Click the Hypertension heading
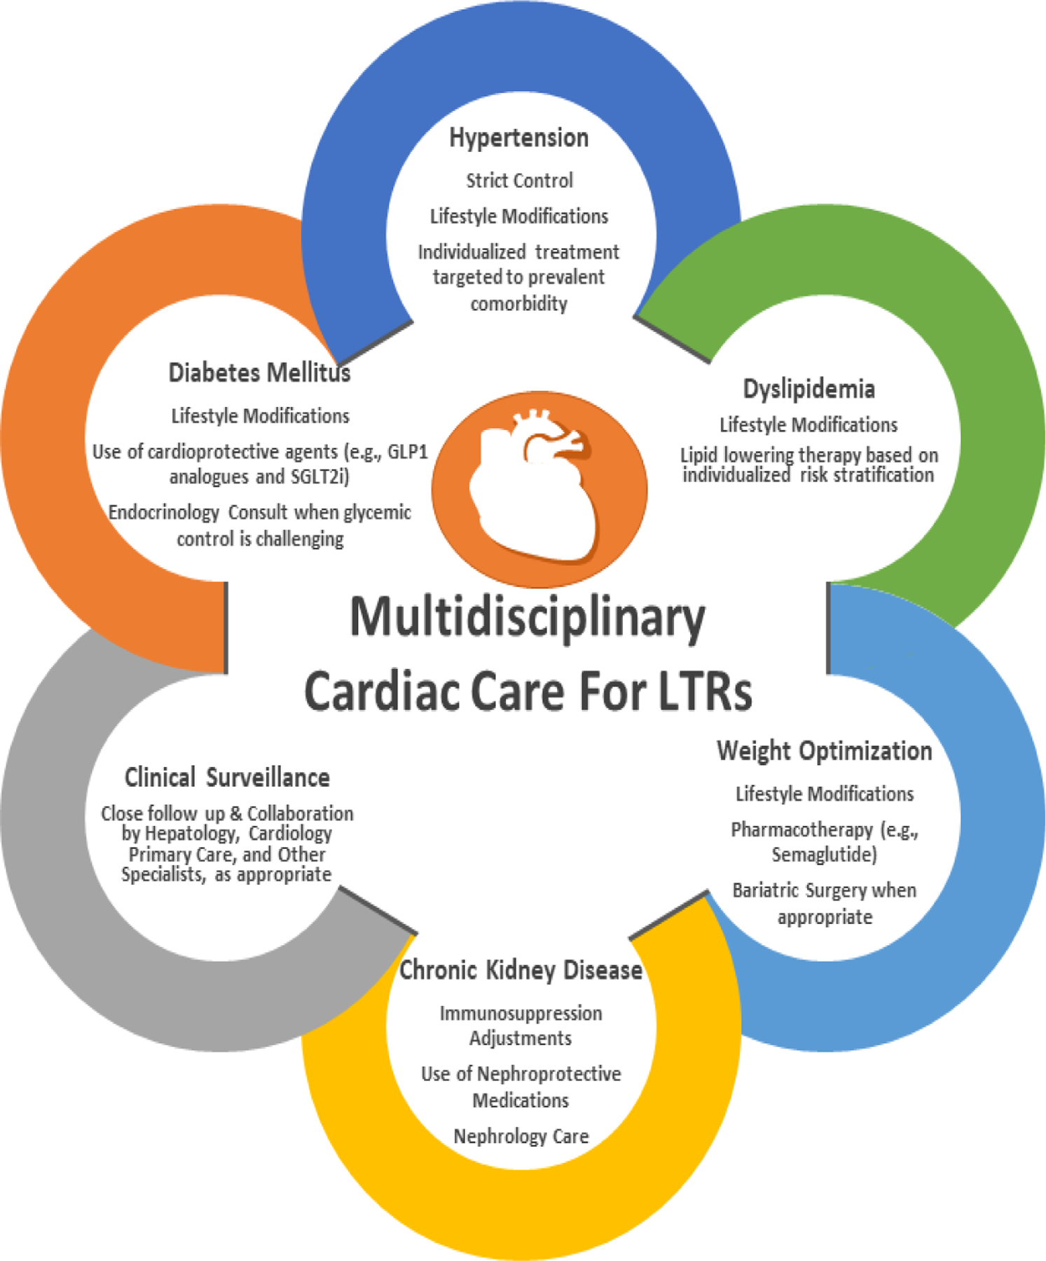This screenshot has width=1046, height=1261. tap(518, 138)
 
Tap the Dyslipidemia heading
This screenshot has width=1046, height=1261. tap(808, 389)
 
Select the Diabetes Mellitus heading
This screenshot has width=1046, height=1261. tap(259, 373)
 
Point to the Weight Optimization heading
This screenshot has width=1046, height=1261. tap(824, 751)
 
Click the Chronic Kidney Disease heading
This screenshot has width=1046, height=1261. tap(521, 970)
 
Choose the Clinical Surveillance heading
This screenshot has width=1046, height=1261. tap(227, 778)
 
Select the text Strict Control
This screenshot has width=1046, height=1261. tap(519, 181)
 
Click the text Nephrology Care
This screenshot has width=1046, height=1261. tap(521, 1136)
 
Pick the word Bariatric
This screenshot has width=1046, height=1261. tap(766, 890)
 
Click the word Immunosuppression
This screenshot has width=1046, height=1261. tap(521, 1013)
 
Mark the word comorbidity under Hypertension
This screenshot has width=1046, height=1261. tap(518, 304)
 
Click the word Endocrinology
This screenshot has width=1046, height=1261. tap(164, 513)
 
